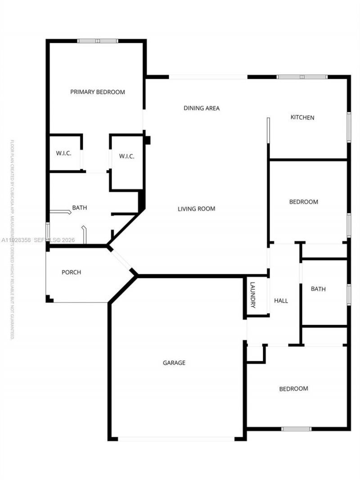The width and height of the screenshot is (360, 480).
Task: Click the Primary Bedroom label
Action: click(98, 92)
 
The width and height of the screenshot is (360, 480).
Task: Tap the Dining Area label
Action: click(202, 108)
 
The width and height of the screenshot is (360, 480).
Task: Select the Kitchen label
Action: click(302, 117)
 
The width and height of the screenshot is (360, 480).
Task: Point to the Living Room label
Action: click(196, 209)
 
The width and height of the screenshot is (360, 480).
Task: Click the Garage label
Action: click(174, 363)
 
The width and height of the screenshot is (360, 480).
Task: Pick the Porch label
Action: click(71, 272)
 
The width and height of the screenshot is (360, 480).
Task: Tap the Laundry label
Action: click(253, 295)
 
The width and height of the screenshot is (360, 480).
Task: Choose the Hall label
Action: click(281, 301)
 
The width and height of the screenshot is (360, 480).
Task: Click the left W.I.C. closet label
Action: click(64, 153)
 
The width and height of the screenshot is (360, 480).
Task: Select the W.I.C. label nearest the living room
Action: click(127, 157)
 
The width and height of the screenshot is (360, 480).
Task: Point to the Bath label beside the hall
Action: click(318, 289)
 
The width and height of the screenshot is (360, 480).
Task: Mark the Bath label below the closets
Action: click(80, 208)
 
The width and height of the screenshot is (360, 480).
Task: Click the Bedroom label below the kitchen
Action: click(303, 202)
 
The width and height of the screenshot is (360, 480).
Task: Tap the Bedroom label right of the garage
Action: click(293, 389)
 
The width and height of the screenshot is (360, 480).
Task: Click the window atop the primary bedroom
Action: click(98, 41)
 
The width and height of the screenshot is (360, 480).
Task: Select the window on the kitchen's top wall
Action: click(302, 77)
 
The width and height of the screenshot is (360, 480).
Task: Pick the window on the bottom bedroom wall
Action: click(296, 429)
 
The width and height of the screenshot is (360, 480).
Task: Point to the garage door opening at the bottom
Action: click(176, 439)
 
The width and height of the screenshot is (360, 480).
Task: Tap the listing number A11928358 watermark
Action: click(16, 240)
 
